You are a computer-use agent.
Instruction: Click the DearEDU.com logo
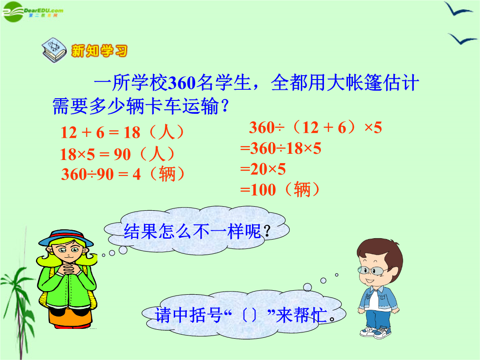pyautogui.click(x=32, y=12)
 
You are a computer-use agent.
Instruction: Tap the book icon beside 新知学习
pyautogui.click(x=54, y=50)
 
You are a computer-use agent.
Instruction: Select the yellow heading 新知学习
pyautogui.click(x=99, y=51)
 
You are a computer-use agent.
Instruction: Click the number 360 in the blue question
pyautogui.click(x=182, y=83)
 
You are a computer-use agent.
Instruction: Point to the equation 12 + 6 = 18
pyautogui.click(x=100, y=132)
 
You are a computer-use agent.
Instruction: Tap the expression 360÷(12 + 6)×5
pyautogui.click(x=315, y=127)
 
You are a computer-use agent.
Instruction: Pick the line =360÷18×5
pyautogui.click(x=281, y=148)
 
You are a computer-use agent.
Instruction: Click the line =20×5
pyautogui.click(x=263, y=169)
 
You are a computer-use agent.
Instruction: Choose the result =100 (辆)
pyautogui.click(x=280, y=189)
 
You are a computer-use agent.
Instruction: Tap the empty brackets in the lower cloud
pyautogui.click(x=249, y=315)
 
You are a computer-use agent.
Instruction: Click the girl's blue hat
pyautogui.click(x=66, y=238)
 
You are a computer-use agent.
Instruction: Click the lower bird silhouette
pyautogui.click(x=462, y=39)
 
